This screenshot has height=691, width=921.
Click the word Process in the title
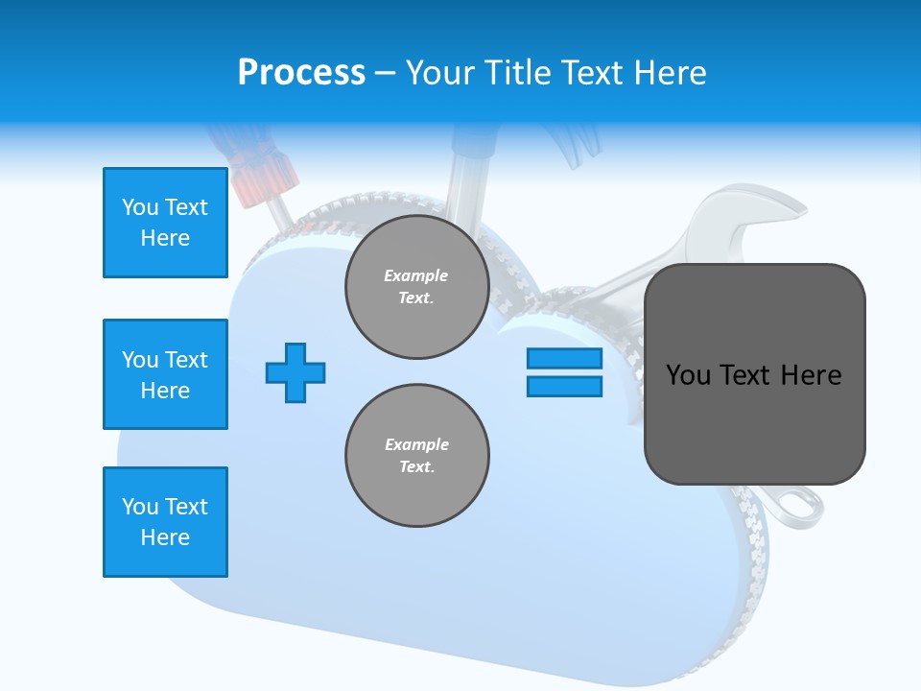301,72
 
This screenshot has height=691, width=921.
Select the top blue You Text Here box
165,223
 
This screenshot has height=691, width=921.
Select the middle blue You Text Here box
165,374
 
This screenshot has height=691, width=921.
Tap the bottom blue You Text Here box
165,522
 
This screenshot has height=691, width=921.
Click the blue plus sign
295,372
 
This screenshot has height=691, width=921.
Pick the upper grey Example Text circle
416,287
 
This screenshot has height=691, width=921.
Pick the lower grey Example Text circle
416,456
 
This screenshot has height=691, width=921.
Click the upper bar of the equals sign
564,359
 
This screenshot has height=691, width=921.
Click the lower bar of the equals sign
564,387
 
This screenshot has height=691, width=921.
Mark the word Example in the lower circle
416,444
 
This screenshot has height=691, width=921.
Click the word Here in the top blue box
165,238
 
